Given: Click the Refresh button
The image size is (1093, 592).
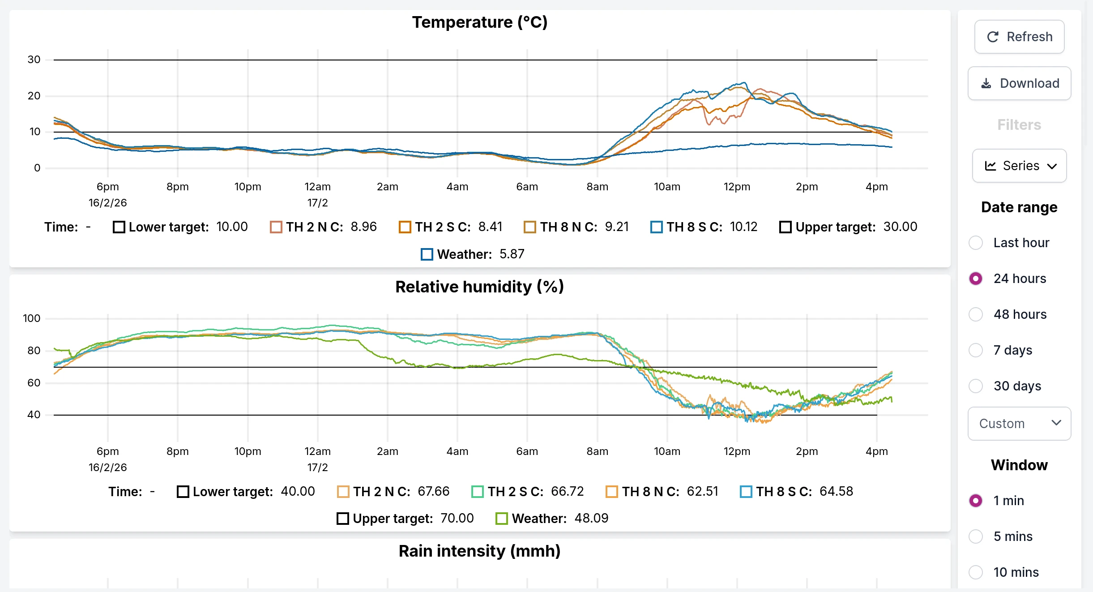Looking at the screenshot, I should point(1019,37).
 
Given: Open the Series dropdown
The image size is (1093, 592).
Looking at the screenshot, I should point(1019,166).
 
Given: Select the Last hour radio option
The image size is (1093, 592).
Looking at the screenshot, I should point(976,243).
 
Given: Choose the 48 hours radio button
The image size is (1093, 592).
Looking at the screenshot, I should point(976,314).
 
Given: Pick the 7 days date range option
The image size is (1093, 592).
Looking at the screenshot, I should point(976,350).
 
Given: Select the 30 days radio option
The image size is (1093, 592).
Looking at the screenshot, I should point(976,386).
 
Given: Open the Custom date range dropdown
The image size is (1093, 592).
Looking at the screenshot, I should point(1019,424).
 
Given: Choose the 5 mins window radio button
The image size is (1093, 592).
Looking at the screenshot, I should point(976,536).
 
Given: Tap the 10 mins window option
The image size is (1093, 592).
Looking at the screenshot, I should point(976,572).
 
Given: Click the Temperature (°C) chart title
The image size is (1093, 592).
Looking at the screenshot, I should point(479,22).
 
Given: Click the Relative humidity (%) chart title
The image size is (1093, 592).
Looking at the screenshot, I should point(479,287).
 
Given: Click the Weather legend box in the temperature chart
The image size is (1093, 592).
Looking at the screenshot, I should point(427,254).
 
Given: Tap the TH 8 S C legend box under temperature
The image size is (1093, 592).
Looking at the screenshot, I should point(656,227).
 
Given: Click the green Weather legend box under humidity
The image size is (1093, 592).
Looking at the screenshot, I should point(501,519).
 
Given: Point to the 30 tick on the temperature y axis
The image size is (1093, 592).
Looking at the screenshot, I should point(34,60).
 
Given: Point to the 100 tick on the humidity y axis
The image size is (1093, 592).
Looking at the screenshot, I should point(31,318).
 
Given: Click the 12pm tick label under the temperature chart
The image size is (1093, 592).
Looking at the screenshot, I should point(737,187).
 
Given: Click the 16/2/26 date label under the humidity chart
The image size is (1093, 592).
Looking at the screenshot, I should point(107,468).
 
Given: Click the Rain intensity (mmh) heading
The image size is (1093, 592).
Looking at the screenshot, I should point(479,551).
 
